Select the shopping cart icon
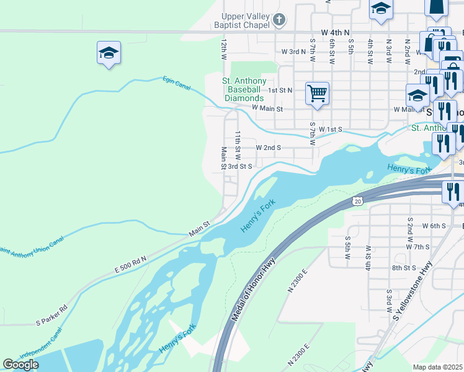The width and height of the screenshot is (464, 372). pos(317,94)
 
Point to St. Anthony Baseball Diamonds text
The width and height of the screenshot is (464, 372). pos(244,90)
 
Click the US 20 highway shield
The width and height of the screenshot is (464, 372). pos(357,201)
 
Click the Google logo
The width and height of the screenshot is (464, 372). pos(20,365)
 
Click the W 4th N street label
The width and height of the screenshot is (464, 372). pos(336,32)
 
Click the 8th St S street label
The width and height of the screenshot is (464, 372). pos(403,268)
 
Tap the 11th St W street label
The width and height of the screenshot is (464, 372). pos(237,142)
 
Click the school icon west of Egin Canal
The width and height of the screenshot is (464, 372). pos(109,53)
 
